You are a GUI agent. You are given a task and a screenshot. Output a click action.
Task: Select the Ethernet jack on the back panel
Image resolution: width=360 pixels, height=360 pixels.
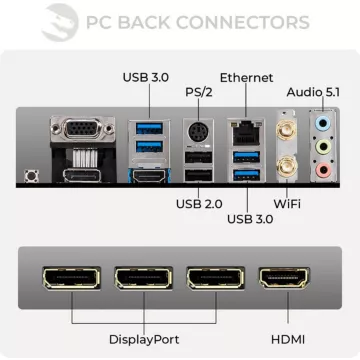(x=243, y=130)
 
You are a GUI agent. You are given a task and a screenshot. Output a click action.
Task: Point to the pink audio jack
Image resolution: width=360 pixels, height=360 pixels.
(x=322, y=172)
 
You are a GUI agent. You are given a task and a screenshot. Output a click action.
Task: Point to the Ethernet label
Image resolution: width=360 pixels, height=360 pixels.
(x=246, y=77)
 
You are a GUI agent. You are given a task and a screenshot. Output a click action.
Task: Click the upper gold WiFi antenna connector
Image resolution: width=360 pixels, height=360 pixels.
(x=285, y=127)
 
